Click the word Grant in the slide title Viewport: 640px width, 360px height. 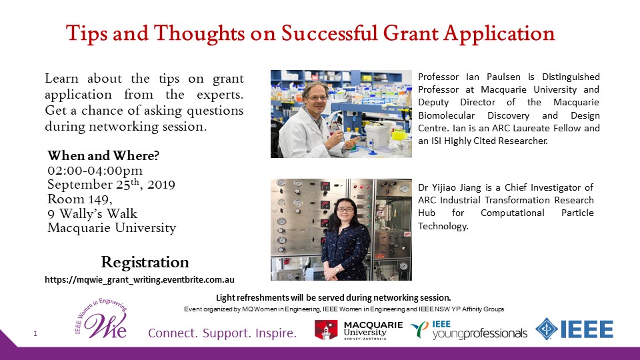coord(410,33)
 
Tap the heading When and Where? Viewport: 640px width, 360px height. coord(103,155)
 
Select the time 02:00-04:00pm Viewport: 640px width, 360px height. coord(95,171)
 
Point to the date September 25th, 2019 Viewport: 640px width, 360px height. coord(111,185)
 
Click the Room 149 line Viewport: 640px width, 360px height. coord(80,199)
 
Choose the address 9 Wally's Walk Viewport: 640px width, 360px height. coord(92,213)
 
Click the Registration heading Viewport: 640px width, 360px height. coord(145,263)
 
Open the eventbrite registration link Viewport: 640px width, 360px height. coord(139,280)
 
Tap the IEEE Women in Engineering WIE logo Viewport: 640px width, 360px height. coord(101,319)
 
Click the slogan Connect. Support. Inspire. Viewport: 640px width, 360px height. coord(222,333)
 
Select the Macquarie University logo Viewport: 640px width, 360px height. coord(359,330)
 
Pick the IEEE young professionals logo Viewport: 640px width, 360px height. coord(469,330)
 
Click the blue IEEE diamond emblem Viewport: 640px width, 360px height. coord(546,329)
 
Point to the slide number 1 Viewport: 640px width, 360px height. coord(35,333)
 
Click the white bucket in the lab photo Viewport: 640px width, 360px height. coord(379,134)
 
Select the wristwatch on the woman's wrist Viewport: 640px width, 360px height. coord(337,269)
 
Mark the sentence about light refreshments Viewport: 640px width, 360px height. coord(333,297)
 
